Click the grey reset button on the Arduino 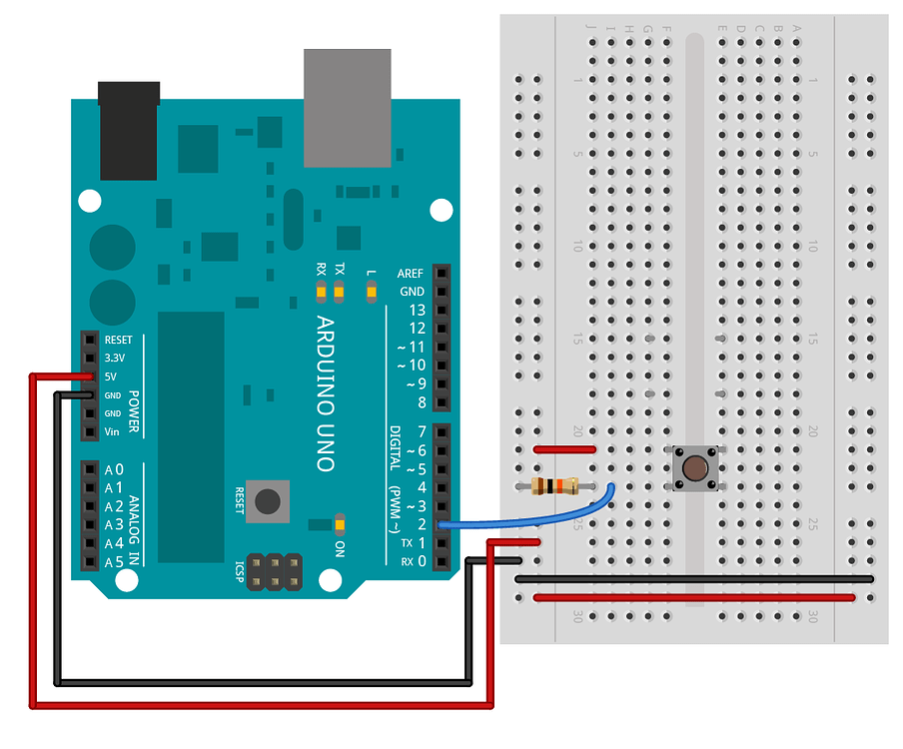(268, 499)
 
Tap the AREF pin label (411, 273)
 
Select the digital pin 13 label (417, 310)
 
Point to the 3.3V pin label (116, 358)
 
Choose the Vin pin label (113, 432)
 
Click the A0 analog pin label (114, 469)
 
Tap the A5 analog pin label (114, 562)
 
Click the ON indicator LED (340, 524)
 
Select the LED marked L (373, 292)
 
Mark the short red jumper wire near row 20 (565, 449)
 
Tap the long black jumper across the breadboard (694, 578)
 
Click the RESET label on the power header (118, 340)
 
